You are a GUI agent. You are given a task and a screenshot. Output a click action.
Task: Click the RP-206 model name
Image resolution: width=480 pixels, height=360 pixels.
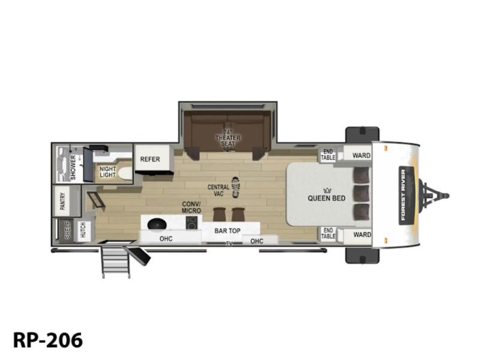point(48,340)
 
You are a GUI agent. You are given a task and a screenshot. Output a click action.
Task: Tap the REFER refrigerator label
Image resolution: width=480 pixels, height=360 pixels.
point(150,159)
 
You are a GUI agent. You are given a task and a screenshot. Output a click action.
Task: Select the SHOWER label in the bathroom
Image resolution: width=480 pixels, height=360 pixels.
point(73,167)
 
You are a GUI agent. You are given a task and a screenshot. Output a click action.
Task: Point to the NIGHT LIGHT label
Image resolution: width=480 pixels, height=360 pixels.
point(108,172)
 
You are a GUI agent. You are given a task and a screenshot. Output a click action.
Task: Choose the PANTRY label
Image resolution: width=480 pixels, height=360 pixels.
point(63,201)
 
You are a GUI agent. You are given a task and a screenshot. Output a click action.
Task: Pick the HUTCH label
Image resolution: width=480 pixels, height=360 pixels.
point(83,230)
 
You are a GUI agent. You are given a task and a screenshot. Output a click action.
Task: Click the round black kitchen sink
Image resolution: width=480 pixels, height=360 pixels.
point(157,224)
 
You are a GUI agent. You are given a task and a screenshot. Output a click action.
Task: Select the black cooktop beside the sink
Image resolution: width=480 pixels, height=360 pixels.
point(191,223)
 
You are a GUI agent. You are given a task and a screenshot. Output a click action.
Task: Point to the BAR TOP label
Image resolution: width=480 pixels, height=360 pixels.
point(227,231)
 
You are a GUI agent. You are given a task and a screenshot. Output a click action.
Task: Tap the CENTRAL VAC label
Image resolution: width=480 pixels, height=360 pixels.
point(218,190)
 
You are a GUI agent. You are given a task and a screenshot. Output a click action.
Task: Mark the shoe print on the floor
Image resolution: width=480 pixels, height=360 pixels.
point(235,187)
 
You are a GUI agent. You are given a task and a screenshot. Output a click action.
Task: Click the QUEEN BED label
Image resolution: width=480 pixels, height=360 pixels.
point(326,198)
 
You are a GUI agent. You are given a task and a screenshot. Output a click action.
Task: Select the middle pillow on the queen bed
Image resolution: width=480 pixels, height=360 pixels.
point(362,193)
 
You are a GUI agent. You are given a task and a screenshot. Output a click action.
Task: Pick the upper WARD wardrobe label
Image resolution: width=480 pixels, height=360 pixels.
point(362,155)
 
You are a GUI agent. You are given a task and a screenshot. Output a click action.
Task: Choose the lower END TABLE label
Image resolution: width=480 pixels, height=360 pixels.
point(328,233)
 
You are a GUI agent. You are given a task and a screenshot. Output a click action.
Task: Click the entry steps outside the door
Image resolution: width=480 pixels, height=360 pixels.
point(116,261)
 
